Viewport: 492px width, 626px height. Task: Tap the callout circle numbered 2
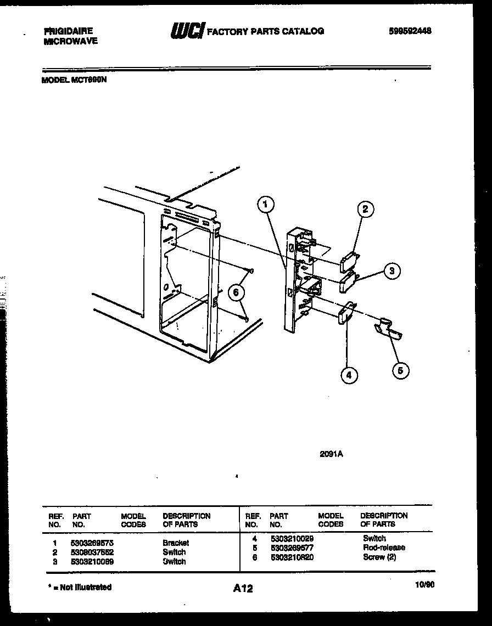click(x=365, y=209)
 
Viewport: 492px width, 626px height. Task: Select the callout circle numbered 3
click(x=391, y=270)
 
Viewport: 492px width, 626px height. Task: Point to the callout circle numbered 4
click(x=349, y=375)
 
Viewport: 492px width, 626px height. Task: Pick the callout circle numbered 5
click(x=400, y=370)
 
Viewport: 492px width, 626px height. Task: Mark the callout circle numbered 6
click(x=236, y=292)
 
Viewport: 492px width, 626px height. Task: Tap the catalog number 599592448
click(x=410, y=31)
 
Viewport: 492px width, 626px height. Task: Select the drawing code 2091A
click(x=331, y=453)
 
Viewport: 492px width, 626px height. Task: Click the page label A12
click(x=243, y=588)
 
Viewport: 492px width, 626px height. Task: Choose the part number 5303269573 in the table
click(x=92, y=543)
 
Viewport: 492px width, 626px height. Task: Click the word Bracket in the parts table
click(x=175, y=543)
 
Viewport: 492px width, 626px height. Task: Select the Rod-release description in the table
click(x=384, y=548)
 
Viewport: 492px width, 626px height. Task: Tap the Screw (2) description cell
click(x=379, y=557)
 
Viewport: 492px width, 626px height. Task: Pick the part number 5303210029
click(x=292, y=539)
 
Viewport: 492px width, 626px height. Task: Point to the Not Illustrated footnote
click(x=80, y=587)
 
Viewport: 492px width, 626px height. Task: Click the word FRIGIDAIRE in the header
click(x=69, y=31)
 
